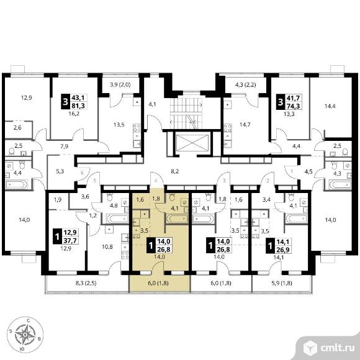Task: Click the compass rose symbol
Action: pyautogui.click(x=25, y=335)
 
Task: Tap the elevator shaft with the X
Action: pyautogui.click(x=192, y=143)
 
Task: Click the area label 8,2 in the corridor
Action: pyautogui.click(x=174, y=171)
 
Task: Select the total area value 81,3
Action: pyautogui.click(x=78, y=106)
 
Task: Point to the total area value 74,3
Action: pyautogui.click(x=293, y=106)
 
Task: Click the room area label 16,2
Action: pyautogui.click(x=74, y=114)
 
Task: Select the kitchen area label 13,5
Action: pyautogui.click(x=119, y=125)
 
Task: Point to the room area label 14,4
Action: pyautogui.click(x=330, y=106)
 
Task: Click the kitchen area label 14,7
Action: pyautogui.click(x=245, y=125)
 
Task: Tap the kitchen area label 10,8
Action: pyautogui.click(x=107, y=247)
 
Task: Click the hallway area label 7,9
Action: pyautogui.click(x=64, y=146)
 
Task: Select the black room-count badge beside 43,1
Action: pyautogui.click(x=65, y=101)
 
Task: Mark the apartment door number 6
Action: pyautogui.click(x=82, y=173)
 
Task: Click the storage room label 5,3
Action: pyautogui.click(x=60, y=171)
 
